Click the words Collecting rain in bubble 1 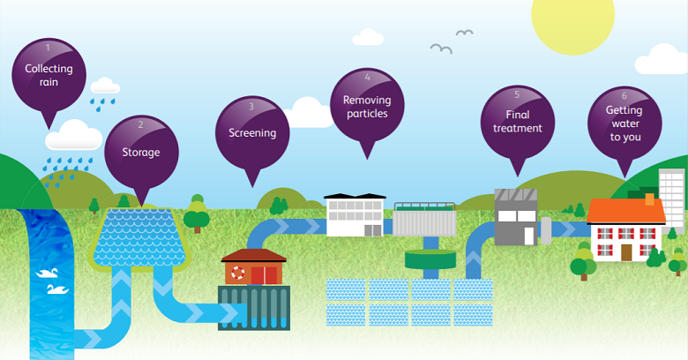click(49, 75)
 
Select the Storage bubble click(141, 151)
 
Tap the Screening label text click(252, 133)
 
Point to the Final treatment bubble click(517, 122)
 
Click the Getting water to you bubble click(624, 124)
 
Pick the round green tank click(430, 259)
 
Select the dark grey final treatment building click(515, 217)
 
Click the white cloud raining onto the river click(73, 138)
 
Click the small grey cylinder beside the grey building click(546, 229)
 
